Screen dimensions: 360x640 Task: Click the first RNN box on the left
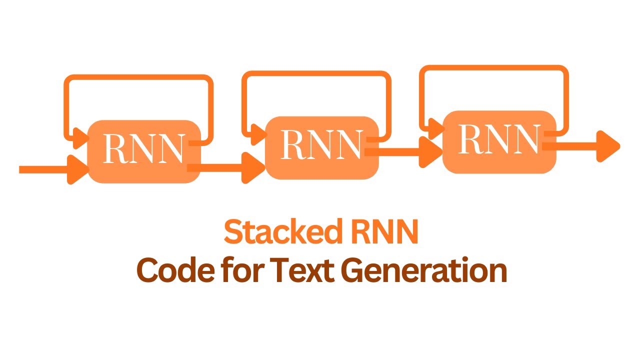click(144, 151)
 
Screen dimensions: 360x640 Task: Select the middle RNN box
click(321, 147)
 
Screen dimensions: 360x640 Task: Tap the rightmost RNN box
click(499, 142)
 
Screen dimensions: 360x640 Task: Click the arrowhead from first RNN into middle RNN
click(253, 168)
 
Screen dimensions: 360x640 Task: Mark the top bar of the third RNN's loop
click(494, 68)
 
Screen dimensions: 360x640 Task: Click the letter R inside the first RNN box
click(114, 148)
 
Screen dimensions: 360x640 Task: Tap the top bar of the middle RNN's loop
click(316, 74)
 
